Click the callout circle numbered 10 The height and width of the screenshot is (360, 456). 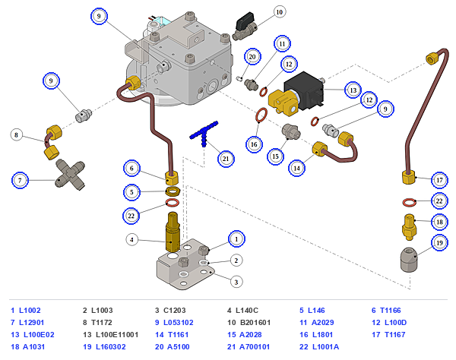tap(279, 12)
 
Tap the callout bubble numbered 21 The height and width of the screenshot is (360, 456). tap(226, 159)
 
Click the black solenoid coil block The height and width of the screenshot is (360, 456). tap(305, 90)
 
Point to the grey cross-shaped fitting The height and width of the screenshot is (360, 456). tap(70, 174)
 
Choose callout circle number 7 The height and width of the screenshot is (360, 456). tap(20, 181)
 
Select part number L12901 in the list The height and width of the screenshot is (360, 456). tap(31, 323)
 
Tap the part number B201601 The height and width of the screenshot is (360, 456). tap(255, 323)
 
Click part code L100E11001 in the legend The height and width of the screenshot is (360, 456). tap(117, 335)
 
